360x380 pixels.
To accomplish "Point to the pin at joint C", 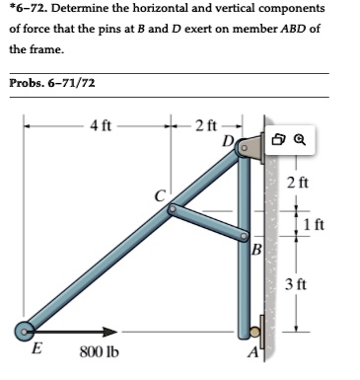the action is click(173, 209).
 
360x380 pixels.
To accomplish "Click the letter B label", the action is click(256, 248).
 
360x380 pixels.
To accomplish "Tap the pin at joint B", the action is click(243, 236).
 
